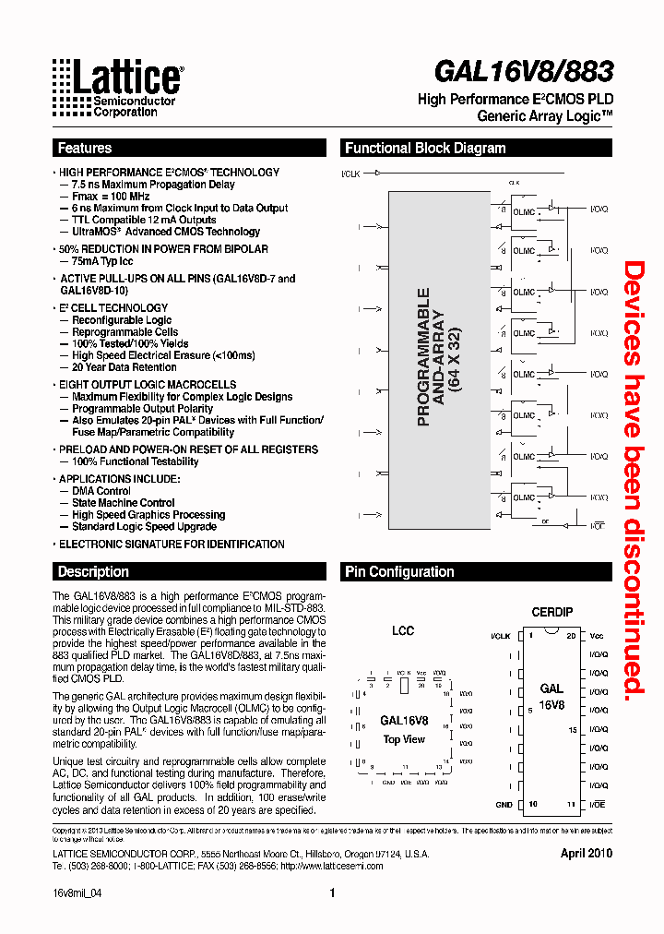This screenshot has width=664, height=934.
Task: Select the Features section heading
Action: click(x=84, y=149)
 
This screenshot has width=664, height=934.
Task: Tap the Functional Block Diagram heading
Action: click(x=425, y=149)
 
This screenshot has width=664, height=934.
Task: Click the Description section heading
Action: click(x=93, y=572)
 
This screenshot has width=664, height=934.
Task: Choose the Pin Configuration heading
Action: click(x=399, y=572)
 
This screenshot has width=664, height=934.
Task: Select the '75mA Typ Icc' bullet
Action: click(x=102, y=261)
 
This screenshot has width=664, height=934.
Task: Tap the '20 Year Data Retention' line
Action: click(x=125, y=367)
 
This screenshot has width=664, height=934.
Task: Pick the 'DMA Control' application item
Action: click(x=101, y=491)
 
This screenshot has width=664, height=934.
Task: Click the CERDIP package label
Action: click(x=551, y=612)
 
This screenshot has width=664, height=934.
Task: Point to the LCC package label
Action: click(x=403, y=631)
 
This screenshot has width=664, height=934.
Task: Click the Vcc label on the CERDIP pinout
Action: click(x=597, y=636)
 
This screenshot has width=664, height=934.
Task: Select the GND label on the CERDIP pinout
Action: click(x=503, y=805)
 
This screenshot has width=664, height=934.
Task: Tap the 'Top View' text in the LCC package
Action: click(x=404, y=739)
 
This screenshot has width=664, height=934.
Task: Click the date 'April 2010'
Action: click(x=586, y=854)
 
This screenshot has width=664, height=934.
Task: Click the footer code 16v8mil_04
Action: click(x=77, y=893)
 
